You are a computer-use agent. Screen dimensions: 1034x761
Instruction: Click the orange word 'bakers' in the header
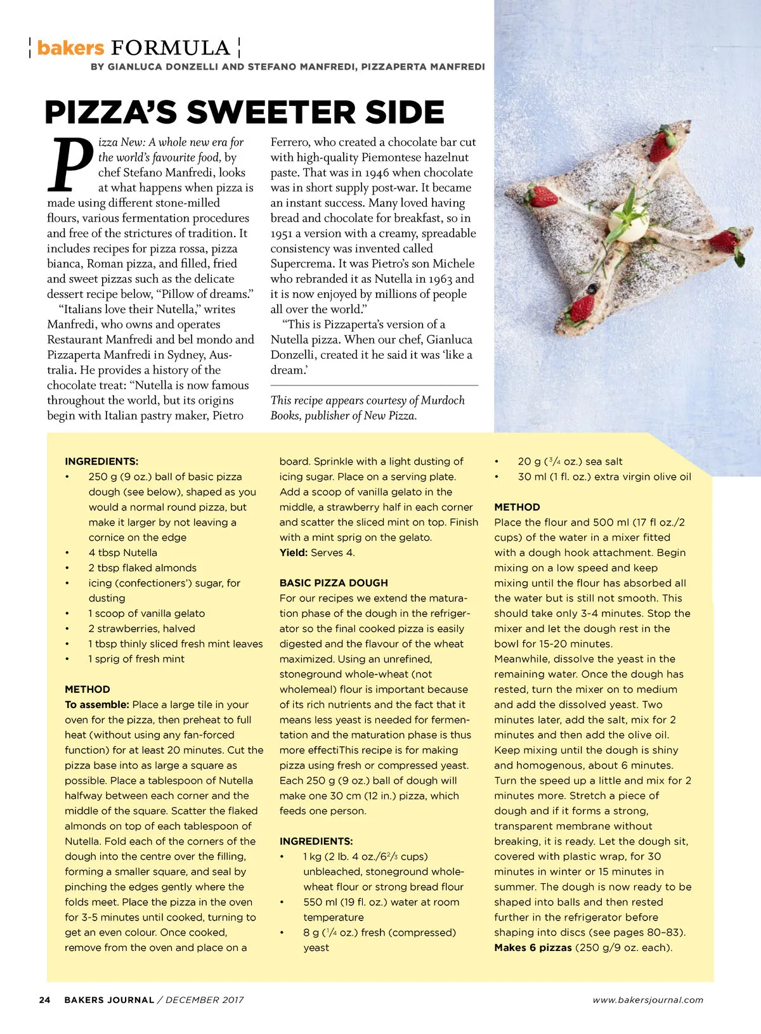70,48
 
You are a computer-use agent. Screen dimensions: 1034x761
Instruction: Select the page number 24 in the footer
44,1000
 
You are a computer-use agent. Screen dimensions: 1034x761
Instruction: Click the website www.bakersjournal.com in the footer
647,1000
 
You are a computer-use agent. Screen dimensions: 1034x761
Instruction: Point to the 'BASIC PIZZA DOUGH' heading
334,583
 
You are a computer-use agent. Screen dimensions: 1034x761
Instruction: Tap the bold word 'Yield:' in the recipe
294,552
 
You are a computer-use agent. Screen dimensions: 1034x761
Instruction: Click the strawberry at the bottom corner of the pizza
583,307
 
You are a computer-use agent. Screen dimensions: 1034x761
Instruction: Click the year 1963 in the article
439,279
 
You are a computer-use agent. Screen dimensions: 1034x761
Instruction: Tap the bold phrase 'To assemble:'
97,704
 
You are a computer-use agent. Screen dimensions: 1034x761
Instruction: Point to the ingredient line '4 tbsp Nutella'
122,552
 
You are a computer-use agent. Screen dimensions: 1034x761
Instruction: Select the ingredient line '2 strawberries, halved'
141,628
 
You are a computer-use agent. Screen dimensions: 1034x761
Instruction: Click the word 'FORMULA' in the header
171,48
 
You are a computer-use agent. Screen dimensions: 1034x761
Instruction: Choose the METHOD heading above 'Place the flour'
517,507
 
